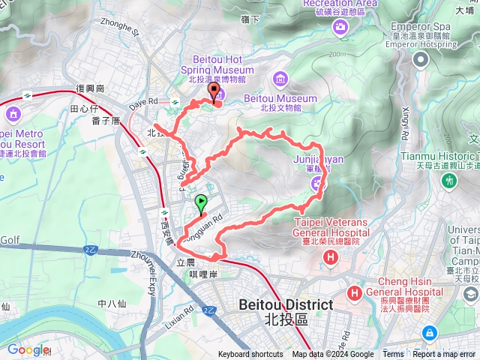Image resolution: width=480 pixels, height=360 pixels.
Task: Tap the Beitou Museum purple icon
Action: [x=280, y=78]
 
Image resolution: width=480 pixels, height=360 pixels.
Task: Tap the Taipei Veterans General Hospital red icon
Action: [x=330, y=258]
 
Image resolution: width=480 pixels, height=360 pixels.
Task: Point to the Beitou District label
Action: [x=286, y=311]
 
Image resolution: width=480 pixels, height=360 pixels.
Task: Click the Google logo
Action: [x=28, y=349]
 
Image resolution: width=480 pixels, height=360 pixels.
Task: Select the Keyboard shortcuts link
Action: [x=250, y=355]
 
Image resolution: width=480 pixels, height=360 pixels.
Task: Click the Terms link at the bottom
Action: [x=393, y=355]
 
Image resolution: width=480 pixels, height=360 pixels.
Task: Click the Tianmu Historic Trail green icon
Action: [x=449, y=181]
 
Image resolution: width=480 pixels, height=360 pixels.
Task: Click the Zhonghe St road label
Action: [x=125, y=32]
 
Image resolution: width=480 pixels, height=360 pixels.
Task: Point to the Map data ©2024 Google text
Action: [x=333, y=355]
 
